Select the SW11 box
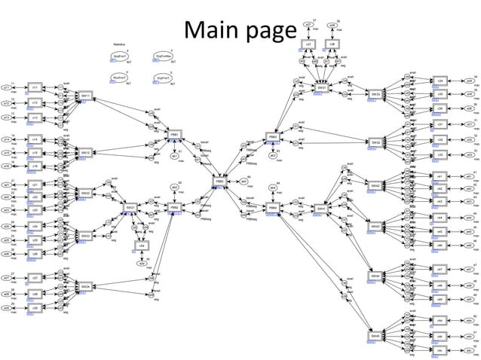85,96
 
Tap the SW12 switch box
85,152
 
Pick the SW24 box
85,287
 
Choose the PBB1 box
174,133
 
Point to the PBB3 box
273,138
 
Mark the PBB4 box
273,207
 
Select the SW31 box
322,87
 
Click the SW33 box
375,94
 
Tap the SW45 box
375,336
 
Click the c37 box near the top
309,44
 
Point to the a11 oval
7,87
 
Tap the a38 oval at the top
332,25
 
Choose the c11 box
35,87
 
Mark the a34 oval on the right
469,80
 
